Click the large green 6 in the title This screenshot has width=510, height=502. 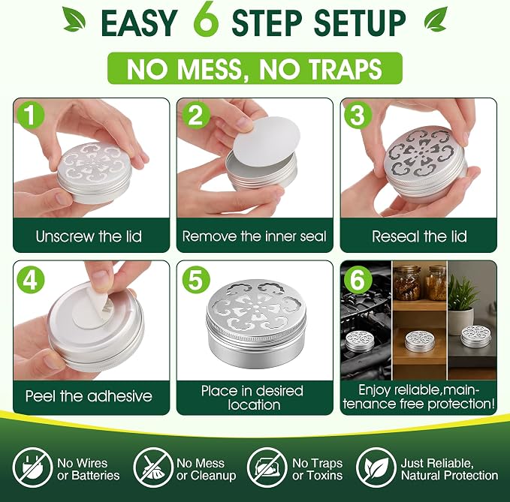[x=206, y=20]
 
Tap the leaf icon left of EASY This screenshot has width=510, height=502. [x=74, y=20]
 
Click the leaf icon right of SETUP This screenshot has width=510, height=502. [x=436, y=20]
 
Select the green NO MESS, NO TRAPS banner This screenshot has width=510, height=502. [x=255, y=68]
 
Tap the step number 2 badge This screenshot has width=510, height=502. [x=195, y=115]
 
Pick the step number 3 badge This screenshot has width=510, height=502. [x=358, y=115]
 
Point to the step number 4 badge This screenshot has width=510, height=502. [x=30, y=279]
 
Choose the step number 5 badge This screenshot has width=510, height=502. [x=195, y=279]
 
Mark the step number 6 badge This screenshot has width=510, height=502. [x=358, y=279]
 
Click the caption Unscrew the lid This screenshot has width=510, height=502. [x=89, y=236]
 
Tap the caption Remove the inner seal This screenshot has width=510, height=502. [x=254, y=236]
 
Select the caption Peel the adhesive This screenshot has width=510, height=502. [x=89, y=396]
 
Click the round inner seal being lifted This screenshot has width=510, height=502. [x=267, y=141]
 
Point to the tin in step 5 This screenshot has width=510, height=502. [x=256, y=323]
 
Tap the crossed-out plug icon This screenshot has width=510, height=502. [x=32, y=467]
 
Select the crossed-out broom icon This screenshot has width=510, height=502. [x=153, y=467]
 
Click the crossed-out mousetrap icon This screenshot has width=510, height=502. [x=267, y=467]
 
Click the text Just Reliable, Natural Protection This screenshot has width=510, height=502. [x=449, y=469]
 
